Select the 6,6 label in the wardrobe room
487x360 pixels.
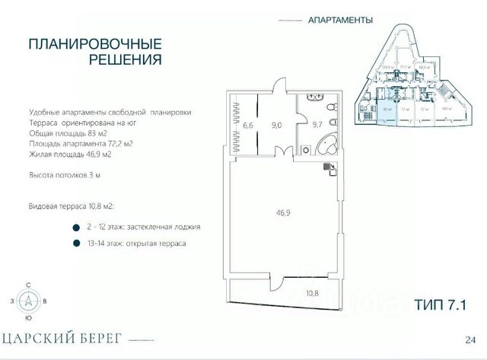point(248,126)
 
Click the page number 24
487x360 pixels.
point(470,339)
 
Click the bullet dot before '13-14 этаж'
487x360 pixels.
point(75,244)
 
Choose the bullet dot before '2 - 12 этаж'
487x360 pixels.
point(75,227)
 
